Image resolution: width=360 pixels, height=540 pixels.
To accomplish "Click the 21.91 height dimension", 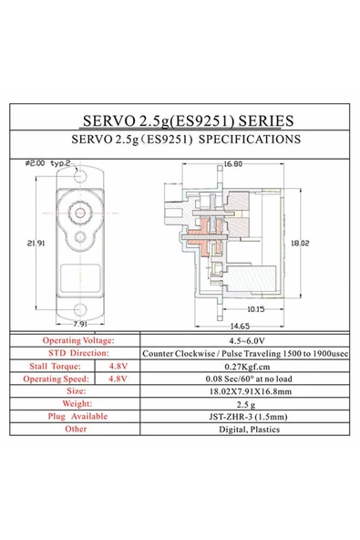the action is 36,244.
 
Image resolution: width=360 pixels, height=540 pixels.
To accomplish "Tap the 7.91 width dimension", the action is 80,324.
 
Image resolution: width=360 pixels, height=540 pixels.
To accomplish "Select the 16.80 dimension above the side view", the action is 233,164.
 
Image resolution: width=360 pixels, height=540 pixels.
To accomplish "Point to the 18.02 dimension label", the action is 300,244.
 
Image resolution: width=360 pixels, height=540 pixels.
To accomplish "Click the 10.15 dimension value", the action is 256,309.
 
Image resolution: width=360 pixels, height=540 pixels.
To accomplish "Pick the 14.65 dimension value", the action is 240,326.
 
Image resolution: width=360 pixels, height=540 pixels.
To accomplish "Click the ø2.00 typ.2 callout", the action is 47,163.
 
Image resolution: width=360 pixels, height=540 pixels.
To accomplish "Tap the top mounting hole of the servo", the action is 80,176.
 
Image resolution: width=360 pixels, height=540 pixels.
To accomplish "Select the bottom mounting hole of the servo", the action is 80,309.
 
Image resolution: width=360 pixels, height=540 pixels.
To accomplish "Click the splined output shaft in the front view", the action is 80,213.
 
